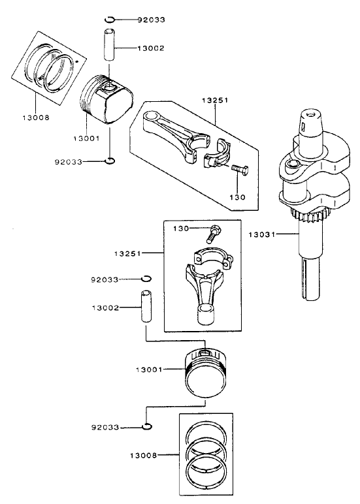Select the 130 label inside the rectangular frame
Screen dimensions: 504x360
pyautogui.click(x=181, y=228)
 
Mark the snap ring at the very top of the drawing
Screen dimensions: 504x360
pyautogui.click(x=111, y=19)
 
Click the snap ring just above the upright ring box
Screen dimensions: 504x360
pyautogui.click(x=148, y=427)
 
